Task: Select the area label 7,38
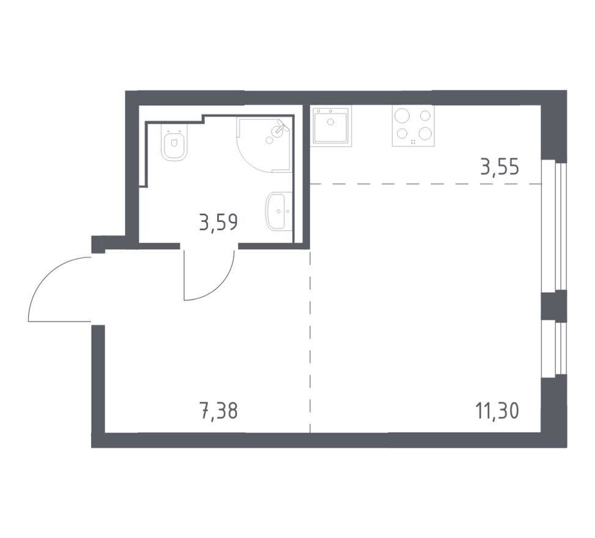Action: tap(218, 410)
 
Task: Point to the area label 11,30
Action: tap(497, 410)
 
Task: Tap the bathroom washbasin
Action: tap(279, 212)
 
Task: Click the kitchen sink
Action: tap(331, 126)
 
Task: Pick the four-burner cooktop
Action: tap(413, 126)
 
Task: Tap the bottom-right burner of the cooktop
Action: tap(425, 133)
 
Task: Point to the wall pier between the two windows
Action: tap(554, 306)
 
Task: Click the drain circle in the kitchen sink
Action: tap(331, 122)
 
